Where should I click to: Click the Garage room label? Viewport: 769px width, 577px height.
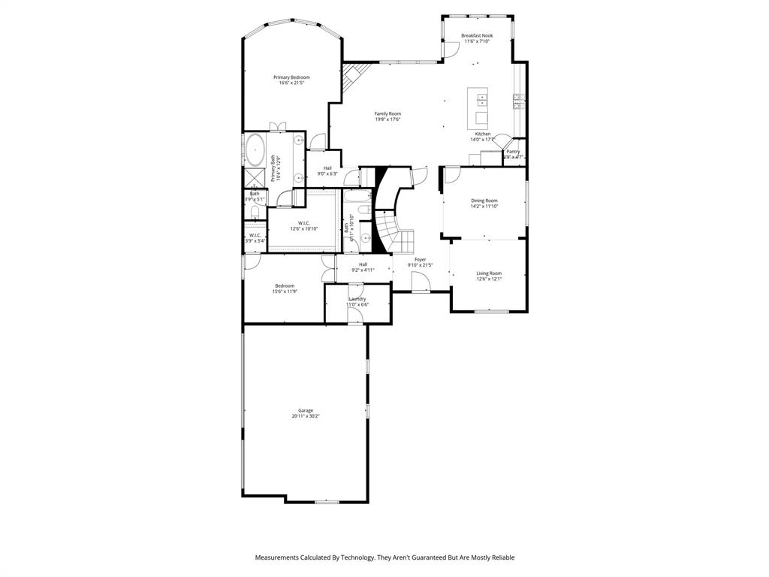306,410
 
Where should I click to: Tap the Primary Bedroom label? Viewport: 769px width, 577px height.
291,77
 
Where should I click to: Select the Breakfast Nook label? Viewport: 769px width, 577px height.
477,35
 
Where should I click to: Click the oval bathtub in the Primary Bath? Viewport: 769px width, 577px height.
255,150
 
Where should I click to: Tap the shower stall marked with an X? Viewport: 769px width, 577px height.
254,177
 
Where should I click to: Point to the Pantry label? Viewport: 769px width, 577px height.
513,151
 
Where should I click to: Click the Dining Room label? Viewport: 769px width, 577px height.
484,201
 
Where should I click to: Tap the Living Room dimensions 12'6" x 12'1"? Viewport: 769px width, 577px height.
489,279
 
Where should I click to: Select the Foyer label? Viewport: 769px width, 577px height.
420,259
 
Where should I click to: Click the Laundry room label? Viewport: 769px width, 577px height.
357,298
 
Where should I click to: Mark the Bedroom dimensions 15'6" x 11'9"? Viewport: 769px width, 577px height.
285,291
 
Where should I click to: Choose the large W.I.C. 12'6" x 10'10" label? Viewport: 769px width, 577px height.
304,228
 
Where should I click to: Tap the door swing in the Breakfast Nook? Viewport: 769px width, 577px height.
451,48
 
